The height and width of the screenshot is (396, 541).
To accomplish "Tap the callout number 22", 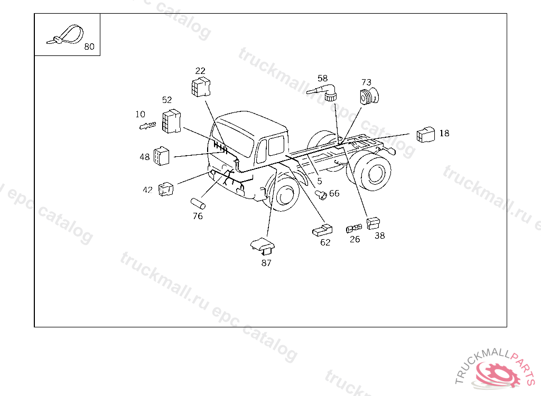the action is click(200, 71).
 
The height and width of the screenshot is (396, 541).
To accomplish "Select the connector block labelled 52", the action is click(172, 121).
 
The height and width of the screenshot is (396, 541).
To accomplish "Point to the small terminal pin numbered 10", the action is click(148, 126).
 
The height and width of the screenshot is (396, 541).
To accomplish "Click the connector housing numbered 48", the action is click(162, 156).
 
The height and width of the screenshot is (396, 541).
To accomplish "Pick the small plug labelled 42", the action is click(166, 189).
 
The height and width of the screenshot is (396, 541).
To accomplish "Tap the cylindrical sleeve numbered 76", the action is click(198, 203).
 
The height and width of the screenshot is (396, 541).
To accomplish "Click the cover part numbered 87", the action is click(263, 245).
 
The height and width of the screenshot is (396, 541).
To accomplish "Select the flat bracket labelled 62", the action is click(322, 230).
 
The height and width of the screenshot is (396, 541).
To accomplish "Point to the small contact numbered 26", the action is click(354, 229).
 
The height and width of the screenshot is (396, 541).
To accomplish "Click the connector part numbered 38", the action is click(373, 223).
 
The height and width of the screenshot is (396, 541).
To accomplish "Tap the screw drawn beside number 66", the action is click(321, 195).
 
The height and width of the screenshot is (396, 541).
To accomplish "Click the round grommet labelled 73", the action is click(369, 96).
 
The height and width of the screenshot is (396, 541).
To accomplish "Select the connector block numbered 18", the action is click(426, 135).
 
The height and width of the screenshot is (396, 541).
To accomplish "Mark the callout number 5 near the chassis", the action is click(320, 181).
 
